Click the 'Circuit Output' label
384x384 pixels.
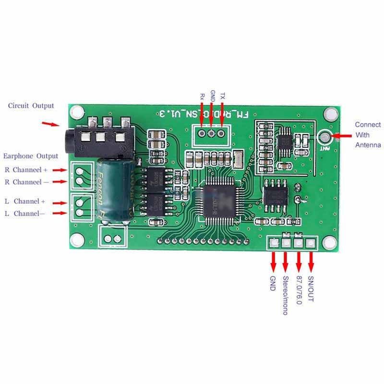pos(31,106)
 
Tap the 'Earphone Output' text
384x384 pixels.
pos(31,156)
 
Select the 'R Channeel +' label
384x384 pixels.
pos(26,170)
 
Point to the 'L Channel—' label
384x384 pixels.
pos(24,214)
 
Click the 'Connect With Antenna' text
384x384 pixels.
pos(368,134)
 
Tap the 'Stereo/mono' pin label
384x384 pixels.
pos(285,295)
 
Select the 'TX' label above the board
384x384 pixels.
pos(222,96)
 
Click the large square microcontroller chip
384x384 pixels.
pos(220,202)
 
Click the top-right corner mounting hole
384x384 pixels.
pos(330,113)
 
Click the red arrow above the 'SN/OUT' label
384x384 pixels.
pos(311,262)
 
